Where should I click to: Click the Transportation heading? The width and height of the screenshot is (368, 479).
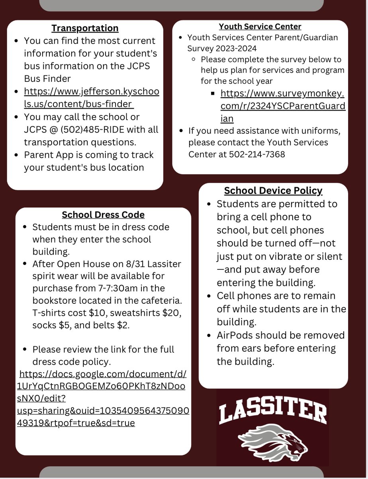85,28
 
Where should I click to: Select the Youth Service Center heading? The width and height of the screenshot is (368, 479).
260,27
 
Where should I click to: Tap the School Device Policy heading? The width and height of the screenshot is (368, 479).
273,191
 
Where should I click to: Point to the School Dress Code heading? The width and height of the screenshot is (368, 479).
103,215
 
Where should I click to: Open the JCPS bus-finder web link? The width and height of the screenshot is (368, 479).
91,98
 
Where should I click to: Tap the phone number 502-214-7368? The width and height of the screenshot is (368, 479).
257,154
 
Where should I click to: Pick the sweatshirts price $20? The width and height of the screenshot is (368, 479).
171,313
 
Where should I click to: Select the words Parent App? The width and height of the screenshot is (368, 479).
48,155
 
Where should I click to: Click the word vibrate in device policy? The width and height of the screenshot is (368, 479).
284,256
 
